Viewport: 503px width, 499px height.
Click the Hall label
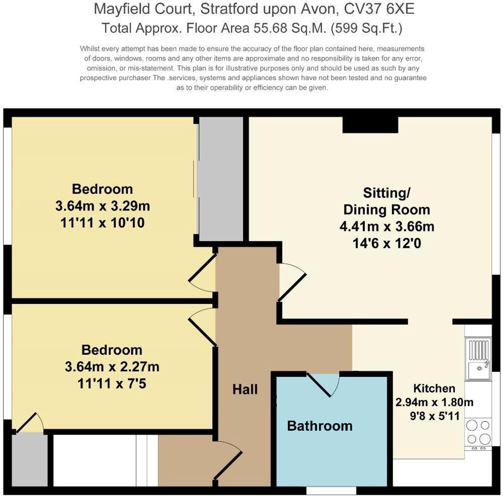tap(245, 390)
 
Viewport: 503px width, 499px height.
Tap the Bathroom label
tap(320, 426)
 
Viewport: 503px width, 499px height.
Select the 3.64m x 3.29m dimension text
tap(103, 206)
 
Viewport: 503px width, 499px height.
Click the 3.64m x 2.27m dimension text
tap(112, 367)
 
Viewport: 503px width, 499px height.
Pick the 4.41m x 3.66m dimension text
tap(387, 226)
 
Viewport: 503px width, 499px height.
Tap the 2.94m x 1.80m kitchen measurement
tap(434, 402)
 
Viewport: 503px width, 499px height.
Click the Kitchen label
tap(434, 389)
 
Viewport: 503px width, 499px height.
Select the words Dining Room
tap(387, 210)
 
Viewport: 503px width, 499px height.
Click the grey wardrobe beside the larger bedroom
tap(221, 179)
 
